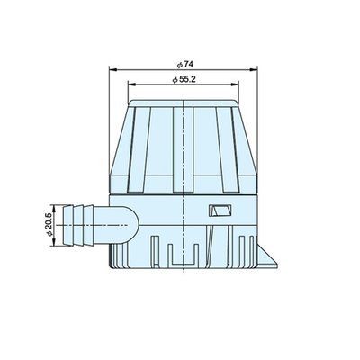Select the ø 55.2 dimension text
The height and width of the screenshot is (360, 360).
(184, 79)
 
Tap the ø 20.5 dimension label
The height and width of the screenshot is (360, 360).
(49, 225)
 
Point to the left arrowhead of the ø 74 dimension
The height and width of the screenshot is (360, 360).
(112, 70)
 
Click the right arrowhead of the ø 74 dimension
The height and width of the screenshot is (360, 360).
(254, 70)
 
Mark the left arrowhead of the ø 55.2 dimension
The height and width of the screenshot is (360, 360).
(131, 85)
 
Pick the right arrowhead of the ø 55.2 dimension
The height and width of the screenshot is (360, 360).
(235, 85)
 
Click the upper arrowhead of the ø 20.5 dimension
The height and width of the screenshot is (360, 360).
(54, 209)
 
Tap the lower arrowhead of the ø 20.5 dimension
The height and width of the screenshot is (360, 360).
(54, 242)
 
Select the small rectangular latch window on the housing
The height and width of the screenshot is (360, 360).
(220, 211)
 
